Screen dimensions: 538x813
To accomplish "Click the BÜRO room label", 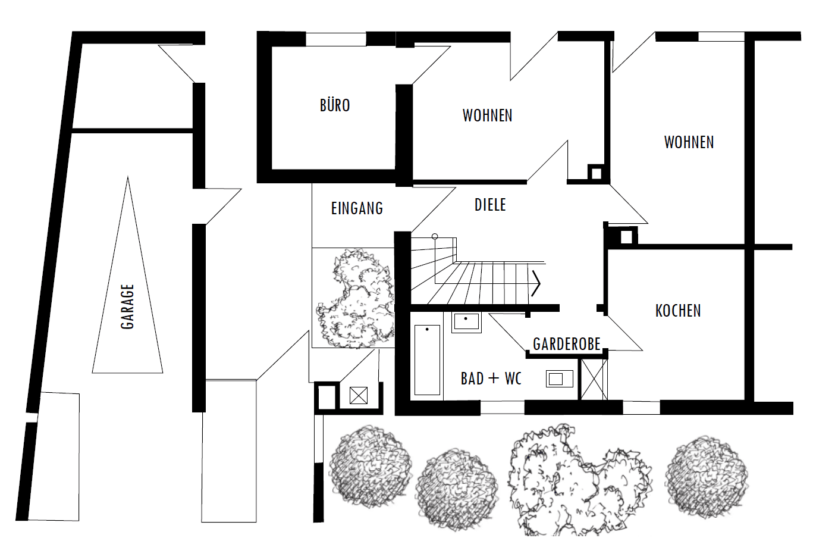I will (335, 106).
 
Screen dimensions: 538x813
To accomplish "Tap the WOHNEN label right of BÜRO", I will (487, 115).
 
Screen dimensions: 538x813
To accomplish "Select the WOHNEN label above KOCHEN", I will (689, 142).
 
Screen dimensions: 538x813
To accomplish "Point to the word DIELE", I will (490, 205).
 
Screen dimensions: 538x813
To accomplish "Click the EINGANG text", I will (357, 208).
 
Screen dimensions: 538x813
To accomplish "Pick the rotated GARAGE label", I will (127, 306).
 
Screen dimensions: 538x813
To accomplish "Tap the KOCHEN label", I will (678, 311).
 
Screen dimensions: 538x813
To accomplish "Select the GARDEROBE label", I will (566, 344).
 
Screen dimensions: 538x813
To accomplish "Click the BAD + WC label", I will (491, 379).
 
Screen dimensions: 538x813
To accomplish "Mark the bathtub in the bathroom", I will (427, 359).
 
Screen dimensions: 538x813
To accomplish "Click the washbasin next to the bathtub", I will (466, 322).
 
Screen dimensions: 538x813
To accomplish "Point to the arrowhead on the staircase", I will (536, 283).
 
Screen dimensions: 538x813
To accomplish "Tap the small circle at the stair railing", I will (435, 237).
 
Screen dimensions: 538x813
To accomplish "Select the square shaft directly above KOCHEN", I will (626, 237).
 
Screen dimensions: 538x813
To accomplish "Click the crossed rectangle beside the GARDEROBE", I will (594, 379).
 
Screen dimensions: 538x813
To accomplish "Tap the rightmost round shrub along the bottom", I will (707, 476).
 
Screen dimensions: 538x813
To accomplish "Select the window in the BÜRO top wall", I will (335, 39).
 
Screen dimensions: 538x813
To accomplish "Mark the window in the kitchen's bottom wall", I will (641, 408).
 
